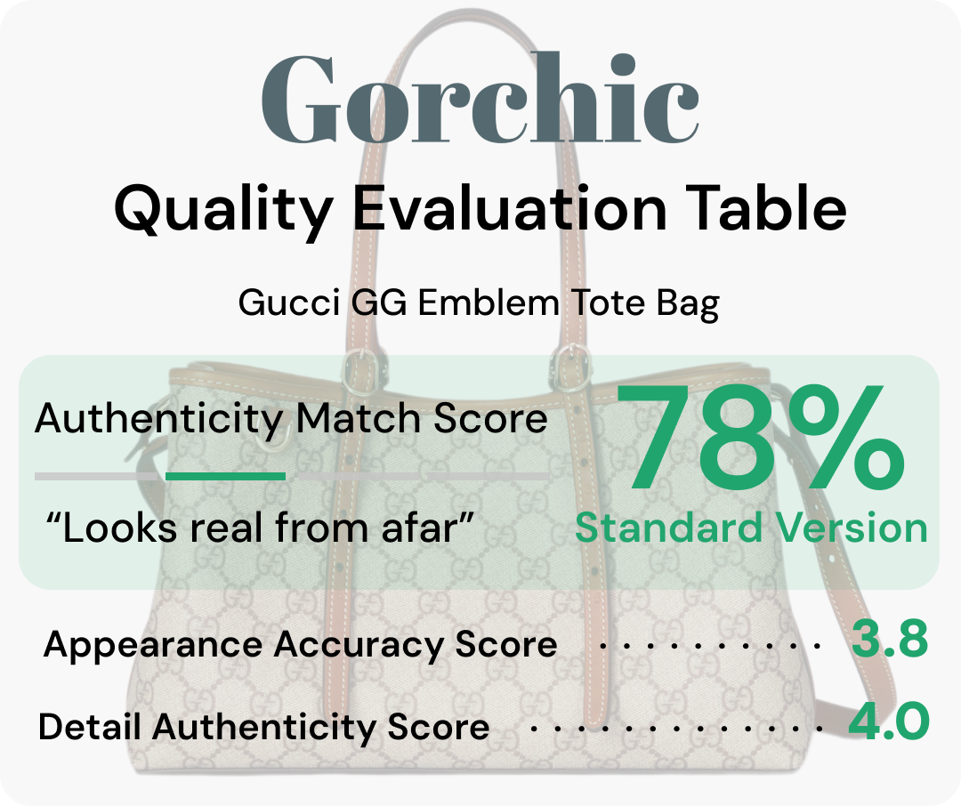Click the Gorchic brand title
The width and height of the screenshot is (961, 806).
tap(480, 100)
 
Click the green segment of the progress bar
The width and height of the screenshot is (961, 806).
tap(226, 477)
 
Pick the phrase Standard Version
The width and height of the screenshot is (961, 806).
tap(751, 528)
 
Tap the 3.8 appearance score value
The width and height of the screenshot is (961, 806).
tap(889, 641)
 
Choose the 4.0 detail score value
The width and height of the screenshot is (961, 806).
tap(888, 722)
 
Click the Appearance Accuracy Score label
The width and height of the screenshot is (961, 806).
tap(300, 644)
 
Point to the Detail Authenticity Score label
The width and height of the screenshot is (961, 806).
tap(264, 727)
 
